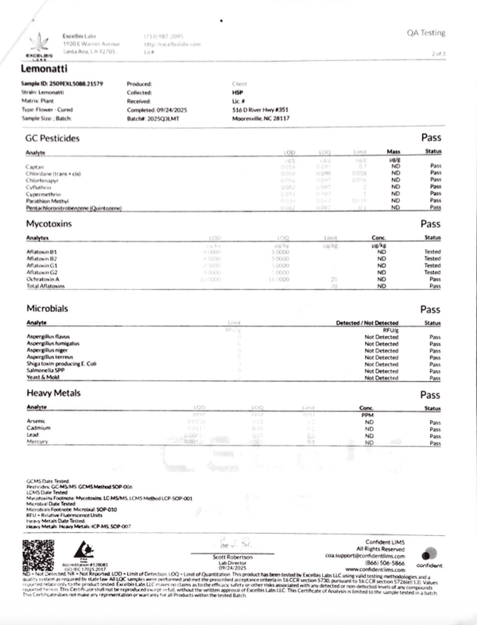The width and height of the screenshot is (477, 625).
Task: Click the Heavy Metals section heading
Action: [54, 394]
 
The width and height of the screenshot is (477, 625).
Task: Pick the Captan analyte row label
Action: [34, 164]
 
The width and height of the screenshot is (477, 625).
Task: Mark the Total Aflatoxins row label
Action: [45, 286]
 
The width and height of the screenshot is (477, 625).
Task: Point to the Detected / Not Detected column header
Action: [367, 322]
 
